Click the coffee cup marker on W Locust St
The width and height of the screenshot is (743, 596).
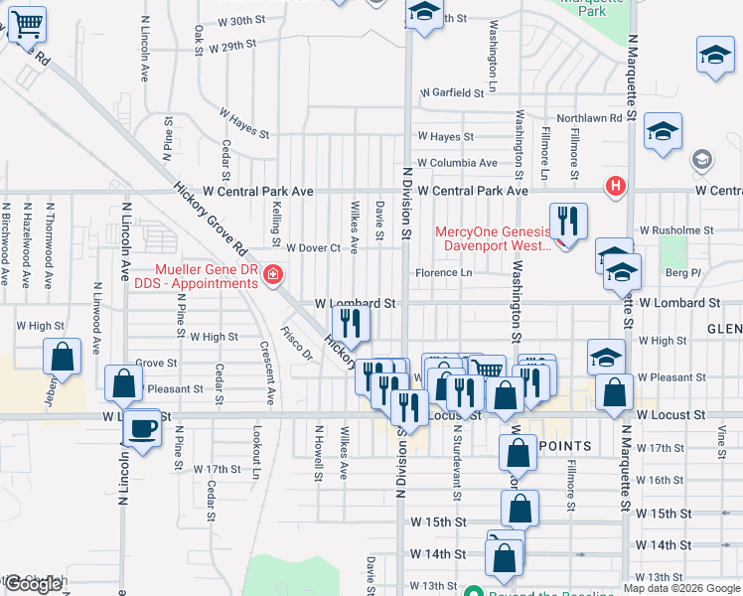pyautogui.click(x=143, y=428)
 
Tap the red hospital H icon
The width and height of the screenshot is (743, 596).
pyautogui.click(x=616, y=186)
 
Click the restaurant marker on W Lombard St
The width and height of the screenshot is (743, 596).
pyautogui.click(x=350, y=322)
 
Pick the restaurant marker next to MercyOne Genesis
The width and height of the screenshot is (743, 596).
pyautogui.click(x=568, y=221)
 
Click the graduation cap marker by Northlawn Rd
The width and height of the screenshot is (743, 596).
pyautogui.click(x=663, y=131)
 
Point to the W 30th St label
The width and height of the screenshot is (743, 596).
pyautogui.click(x=235, y=20)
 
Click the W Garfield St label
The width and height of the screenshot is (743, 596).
pyautogui.click(x=451, y=92)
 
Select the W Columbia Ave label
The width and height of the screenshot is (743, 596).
pyautogui.click(x=457, y=163)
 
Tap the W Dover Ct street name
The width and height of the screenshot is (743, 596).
pyautogui.click(x=313, y=247)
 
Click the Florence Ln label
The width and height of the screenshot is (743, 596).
pyautogui.click(x=443, y=272)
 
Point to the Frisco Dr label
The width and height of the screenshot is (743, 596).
pyautogui.click(x=296, y=344)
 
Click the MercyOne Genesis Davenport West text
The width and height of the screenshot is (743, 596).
pyautogui.click(x=493, y=239)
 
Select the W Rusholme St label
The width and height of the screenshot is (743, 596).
pyautogui.click(x=677, y=230)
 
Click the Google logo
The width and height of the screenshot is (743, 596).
pyautogui.click(x=33, y=584)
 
